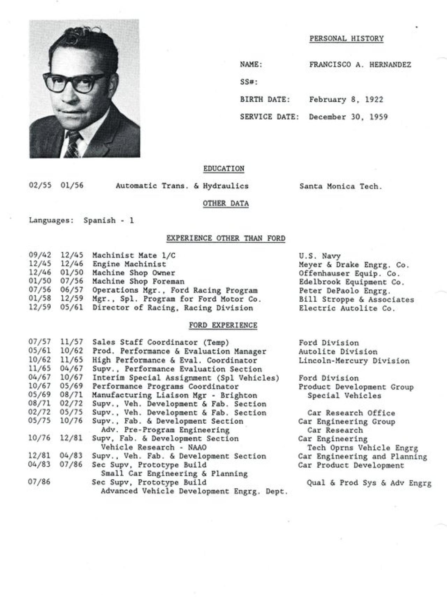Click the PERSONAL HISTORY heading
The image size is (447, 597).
tap(346, 39)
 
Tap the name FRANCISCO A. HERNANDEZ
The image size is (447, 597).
tap(360, 65)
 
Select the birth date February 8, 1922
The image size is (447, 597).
tap(346, 100)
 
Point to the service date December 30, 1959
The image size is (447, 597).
tap(348, 117)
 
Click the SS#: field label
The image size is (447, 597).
tap(249, 82)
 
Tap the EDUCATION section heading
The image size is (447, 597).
tap(224, 169)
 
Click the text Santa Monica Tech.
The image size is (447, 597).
tap(340, 187)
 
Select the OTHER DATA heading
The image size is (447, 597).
tap(226, 204)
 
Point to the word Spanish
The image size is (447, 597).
tap(100, 221)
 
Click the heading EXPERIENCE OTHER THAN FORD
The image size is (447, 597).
tap(226, 239)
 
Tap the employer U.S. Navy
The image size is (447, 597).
tap(320, 256)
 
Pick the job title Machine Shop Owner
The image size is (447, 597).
tap(133, 273)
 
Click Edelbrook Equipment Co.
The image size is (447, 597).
tap(351, 282)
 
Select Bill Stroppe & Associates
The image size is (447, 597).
tap(356, 300)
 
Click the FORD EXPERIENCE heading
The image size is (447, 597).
tap(223, 326)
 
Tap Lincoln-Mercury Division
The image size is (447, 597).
tap(354, 361)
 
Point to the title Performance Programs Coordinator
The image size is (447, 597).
tap(165, 387)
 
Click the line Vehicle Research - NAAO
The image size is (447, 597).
tap(153, 447)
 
